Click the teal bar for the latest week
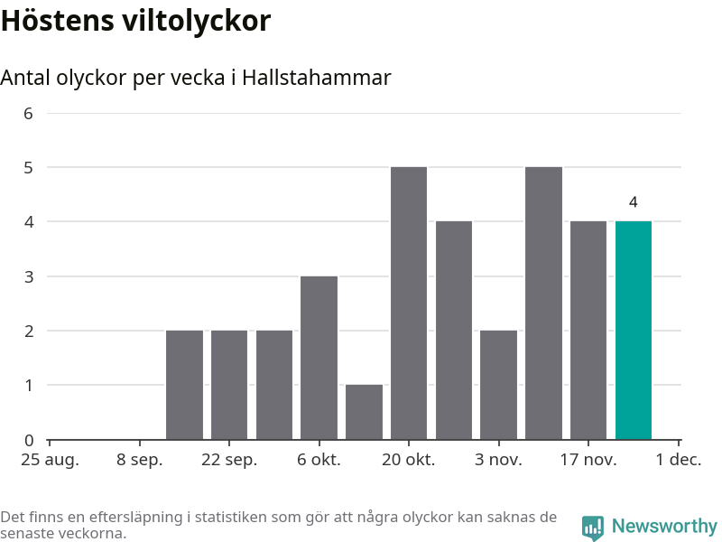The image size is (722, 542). tap(633, 330)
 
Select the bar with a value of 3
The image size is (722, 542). tap(319, 358)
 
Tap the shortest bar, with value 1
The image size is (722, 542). tap(364, 412)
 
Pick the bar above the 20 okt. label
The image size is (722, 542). tap(409, 304)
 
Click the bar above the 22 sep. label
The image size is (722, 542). tap(229, 385)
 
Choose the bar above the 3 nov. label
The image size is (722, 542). tap(498, 385)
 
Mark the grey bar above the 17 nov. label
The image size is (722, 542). tap(588, 330)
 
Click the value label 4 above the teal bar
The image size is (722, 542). tap(634, 202)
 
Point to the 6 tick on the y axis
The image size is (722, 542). tap(28, 114)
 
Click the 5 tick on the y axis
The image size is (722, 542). tap(28, 168)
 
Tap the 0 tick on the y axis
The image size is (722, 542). tap(28, 441)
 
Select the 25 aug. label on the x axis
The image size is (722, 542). tap(50, 460)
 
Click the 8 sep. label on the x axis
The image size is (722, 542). tap(140, 460)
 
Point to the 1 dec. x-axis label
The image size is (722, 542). tap(679, 460)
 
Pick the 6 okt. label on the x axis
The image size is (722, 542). tap(319, 460)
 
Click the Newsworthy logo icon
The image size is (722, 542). tap(592, 528)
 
